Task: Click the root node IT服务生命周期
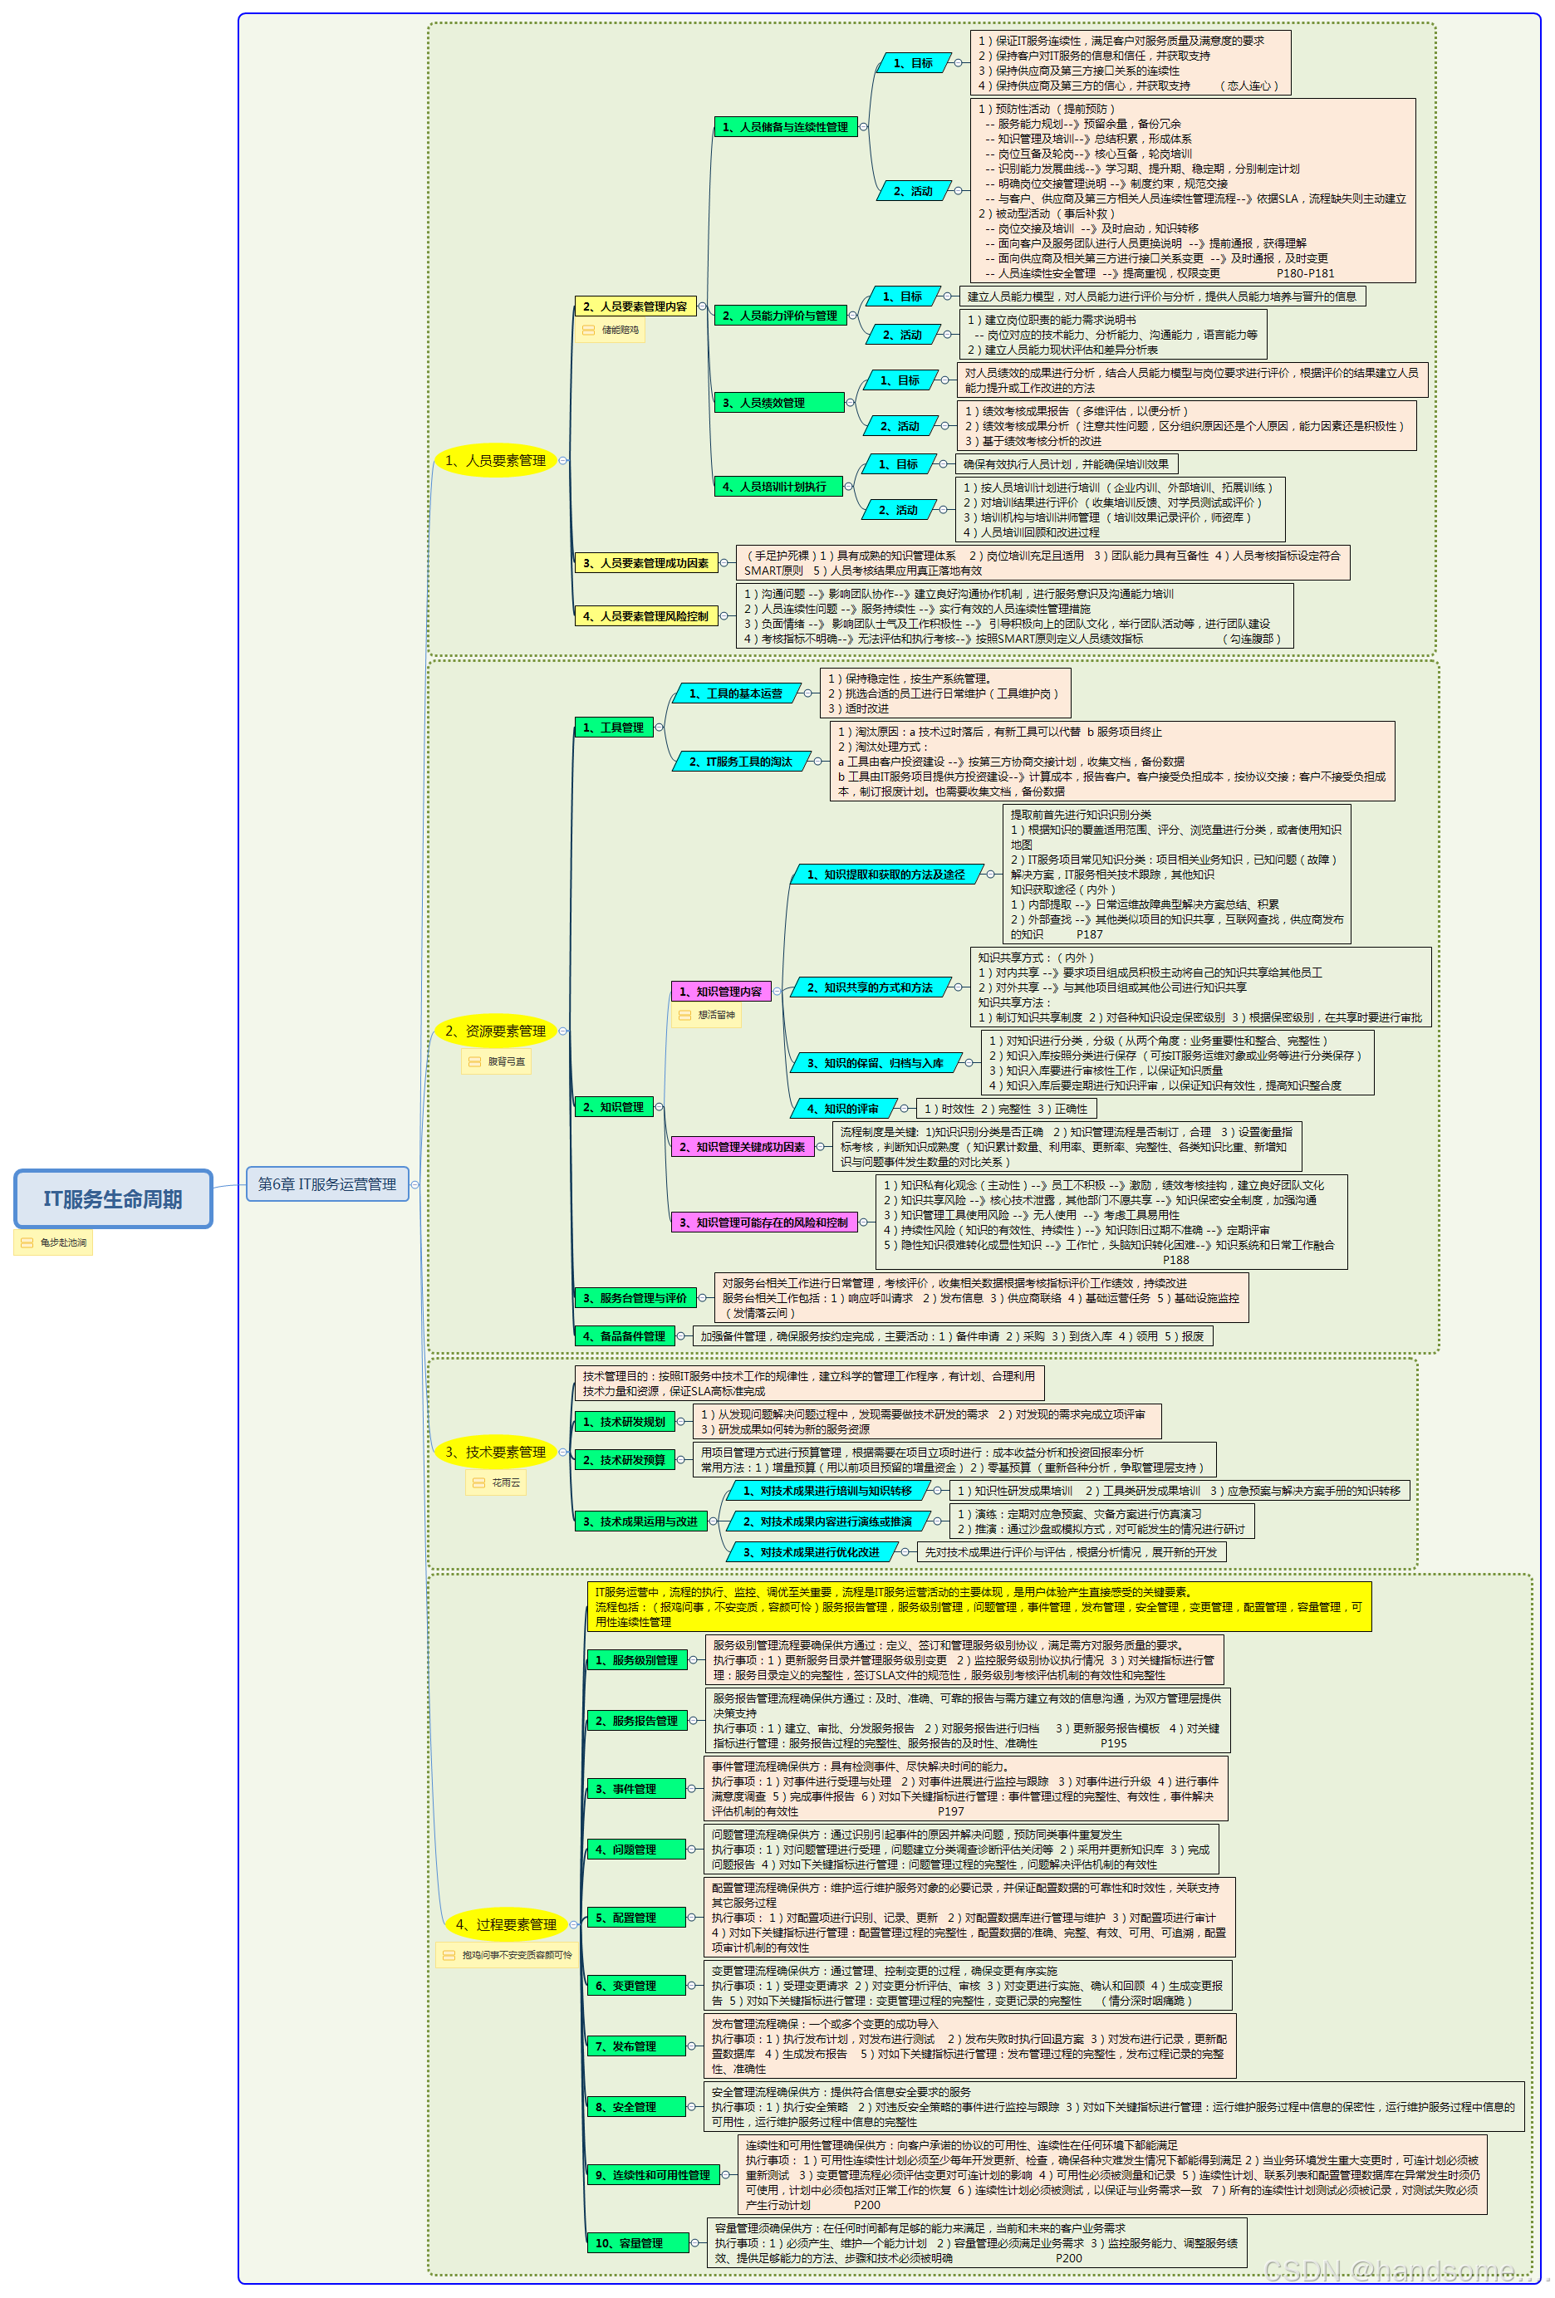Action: [113, 1198]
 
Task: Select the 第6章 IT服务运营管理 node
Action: [326, 1183]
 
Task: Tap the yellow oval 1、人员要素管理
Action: [494, 460]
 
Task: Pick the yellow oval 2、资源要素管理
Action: [494, 1031]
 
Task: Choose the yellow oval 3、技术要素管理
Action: [494, 1452]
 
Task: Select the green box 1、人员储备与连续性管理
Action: [784, 126]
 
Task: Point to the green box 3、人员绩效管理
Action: [778, 403]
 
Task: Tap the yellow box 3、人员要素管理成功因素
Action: [645, 562]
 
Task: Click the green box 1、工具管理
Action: [612, 728]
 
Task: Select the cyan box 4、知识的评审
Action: [841, 1109]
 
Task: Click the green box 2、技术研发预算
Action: [622, 1459]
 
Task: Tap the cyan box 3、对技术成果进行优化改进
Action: [810, 1552]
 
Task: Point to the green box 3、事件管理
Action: [636, 1789]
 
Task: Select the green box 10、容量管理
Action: [638, 2242]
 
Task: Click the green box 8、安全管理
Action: [636, 2107]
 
